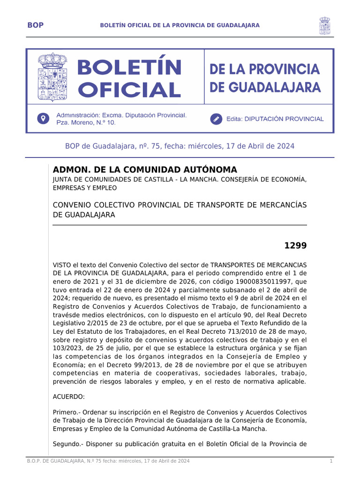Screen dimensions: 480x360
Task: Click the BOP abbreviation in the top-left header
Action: coord(36,25)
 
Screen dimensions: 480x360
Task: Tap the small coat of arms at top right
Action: coord(324,25)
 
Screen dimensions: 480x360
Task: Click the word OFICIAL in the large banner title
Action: coord(129,90)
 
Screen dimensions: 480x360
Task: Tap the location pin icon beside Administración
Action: coord(43,119)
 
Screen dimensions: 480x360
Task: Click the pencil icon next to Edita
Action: coord(216,119)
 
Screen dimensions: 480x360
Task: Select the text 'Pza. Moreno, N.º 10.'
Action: coord(86,123)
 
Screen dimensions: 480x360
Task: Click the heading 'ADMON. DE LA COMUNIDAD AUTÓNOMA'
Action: coord(145,170)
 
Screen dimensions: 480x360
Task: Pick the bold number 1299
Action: coord(295,246)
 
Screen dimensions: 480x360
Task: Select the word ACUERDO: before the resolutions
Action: coord(69,397)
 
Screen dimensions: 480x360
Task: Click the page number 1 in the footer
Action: coord(331,462)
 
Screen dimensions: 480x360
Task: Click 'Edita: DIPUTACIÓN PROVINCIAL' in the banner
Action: coord(275,119)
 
